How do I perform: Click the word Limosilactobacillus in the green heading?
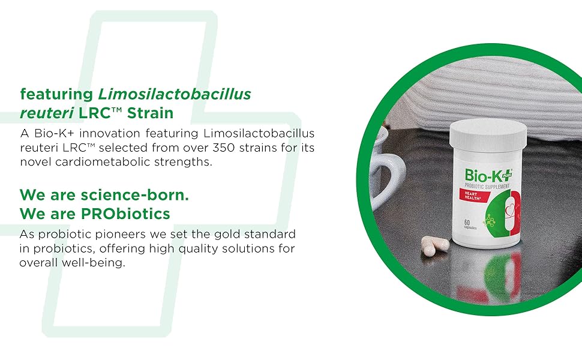coord(175,94)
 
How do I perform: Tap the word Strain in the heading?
coord(151,113)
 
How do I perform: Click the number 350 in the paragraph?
coord(223,148)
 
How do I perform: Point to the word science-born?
coord(135,195)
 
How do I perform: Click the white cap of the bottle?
coord(488,134)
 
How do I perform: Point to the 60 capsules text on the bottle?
coord(470,224)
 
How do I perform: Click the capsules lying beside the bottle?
coord(434,245)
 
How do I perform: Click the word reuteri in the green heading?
coord(47,113)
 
